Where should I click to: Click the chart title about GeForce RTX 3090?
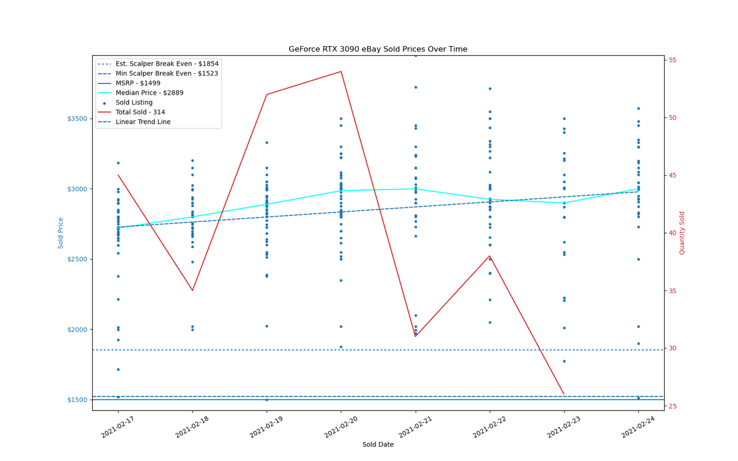point(378,49)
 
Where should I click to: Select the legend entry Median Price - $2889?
point(149,93)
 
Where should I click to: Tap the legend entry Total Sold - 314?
point(140,112)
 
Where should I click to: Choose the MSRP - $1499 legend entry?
point(138,84)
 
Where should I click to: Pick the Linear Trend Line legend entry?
point(143,122)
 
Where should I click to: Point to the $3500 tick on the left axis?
point(77,119)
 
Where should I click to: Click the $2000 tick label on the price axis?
point(77,329)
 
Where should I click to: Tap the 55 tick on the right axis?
point(672,60)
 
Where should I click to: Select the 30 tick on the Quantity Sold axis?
point(672,349)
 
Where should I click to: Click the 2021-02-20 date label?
point(341,427)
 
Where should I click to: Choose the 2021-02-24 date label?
point(638,427)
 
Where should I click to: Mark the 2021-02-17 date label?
point(118,427)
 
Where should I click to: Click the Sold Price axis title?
point(61,233)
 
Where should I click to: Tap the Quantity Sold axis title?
point(682,233)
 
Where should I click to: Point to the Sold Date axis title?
point(378,444)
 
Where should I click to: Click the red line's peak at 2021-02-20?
point(341,71)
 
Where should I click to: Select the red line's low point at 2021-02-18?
point(192,290)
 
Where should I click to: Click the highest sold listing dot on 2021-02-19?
point(267,143)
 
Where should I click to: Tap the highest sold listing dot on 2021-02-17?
point(118,163)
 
